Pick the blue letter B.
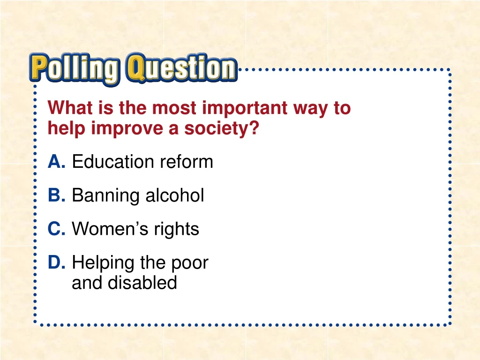(56, 195)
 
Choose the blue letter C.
(56, 229)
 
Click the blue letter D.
(56, 263)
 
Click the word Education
(113, 162)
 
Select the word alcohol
(174, 195)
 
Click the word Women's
(108, 229)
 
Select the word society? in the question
(221, 128)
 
